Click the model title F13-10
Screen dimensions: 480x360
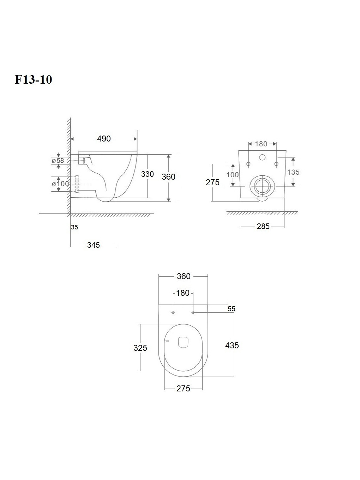tap(33, 79)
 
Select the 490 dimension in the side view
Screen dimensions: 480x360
tap(104, 139)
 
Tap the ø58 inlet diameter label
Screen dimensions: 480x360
tap(58, 161)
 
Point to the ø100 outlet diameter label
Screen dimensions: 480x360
tap(60, 184)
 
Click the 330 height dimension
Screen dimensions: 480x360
tap(147, 174)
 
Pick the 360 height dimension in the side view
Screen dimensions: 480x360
tap(168, 176)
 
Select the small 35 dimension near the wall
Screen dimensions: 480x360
tap(74, 227)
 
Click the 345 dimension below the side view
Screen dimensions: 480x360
tap(94, 245)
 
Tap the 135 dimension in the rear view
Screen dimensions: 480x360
tap(293, 172)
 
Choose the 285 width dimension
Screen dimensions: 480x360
tap(263, 227)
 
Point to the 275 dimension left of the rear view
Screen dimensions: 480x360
tap(212, 182)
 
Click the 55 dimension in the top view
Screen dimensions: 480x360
tap(231, 309)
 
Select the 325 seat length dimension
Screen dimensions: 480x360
tap(140, 348)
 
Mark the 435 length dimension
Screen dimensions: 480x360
tap(232, 346)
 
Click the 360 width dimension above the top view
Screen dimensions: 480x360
tap(184, 276)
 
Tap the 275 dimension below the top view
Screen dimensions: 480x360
tap(183, 389)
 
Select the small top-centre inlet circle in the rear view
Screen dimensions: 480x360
tap(262, 157)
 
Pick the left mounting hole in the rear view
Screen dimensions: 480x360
tap(248, 164)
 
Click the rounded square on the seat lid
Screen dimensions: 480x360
tap(183, 342)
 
